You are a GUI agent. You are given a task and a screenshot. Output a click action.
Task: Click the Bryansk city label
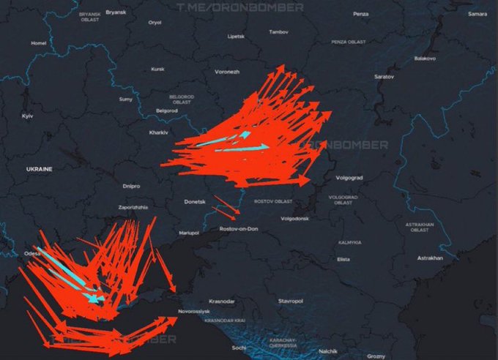(116, 12)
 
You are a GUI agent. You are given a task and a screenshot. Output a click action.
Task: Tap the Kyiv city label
(28, 116)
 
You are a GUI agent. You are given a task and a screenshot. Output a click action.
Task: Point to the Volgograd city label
(349, 177)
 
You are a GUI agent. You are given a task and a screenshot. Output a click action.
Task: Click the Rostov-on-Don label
(239, 230)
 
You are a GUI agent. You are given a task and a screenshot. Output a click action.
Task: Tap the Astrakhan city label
(430, 258)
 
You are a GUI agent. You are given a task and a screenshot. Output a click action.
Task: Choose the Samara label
(477, 14)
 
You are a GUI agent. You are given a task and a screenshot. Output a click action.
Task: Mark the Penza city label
(360, 14)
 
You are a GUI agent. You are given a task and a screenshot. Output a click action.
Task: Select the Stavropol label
(290, 301)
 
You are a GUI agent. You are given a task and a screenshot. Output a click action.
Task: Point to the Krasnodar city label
(221, 301)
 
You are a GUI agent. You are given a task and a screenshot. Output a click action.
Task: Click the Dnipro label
(132, 186)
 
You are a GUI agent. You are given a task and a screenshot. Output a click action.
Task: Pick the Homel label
(38, 43)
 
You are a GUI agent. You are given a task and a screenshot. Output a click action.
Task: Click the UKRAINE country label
(39, 169)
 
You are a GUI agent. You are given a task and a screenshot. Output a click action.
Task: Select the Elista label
(343, 260)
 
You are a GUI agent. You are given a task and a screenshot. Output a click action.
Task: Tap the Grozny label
(376, 356)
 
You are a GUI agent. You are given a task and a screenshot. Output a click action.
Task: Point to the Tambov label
(279, 32)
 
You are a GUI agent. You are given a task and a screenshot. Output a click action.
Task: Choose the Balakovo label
(425, 58)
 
